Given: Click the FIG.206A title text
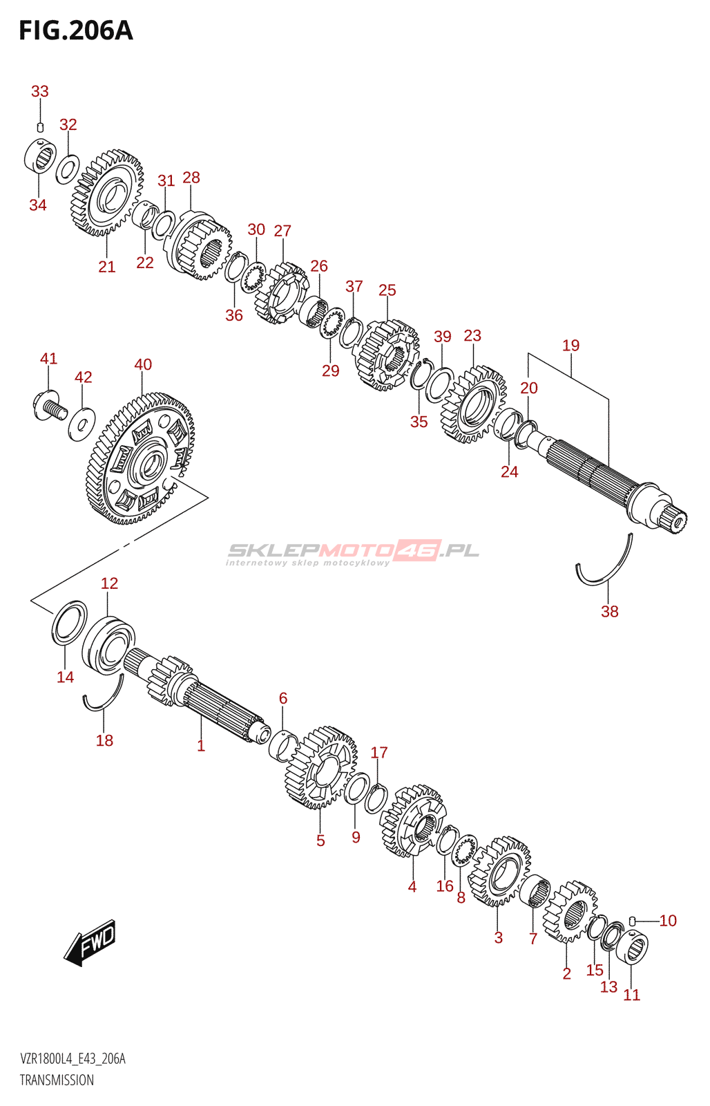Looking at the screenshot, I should click(x=75, y=30).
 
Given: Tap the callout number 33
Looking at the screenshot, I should click(x=40, y=91).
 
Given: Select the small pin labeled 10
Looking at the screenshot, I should click(x=632, y=920).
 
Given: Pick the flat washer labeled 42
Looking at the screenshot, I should click(x=81, y=422).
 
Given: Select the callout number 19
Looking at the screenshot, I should click(x=570, y=346).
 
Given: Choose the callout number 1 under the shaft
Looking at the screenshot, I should click(x=201, y=745).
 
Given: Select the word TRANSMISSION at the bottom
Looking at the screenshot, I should click(x=57, y=1080).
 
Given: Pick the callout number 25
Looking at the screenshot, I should click(x=387, y=290).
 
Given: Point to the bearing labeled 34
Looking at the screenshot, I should click(x=39, y=156).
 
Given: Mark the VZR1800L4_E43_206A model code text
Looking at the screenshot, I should click(x=73, y=1059).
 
